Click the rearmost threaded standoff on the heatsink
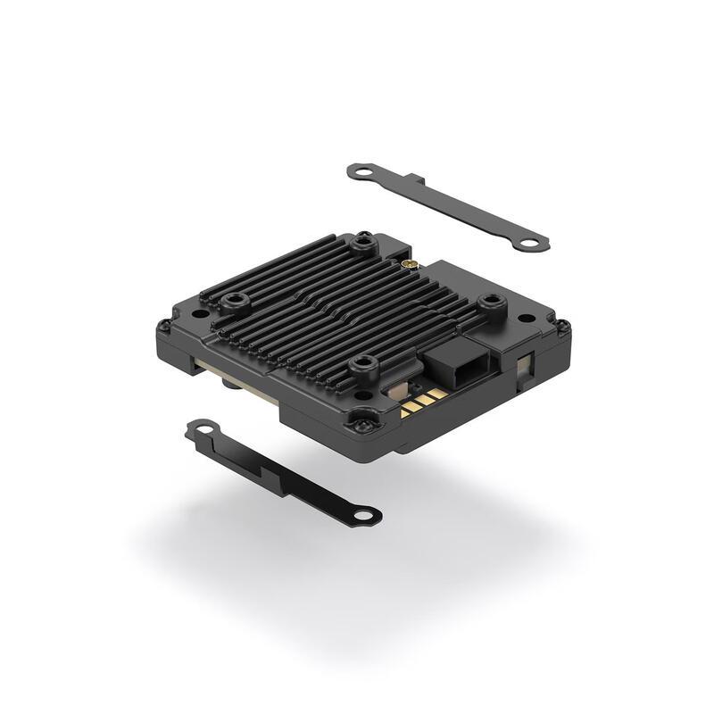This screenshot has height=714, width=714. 362,241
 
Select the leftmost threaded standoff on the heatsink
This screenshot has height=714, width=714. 235,301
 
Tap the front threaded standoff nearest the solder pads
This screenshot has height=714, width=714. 363,363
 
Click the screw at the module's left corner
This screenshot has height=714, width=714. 163,326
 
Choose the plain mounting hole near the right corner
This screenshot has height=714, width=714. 527,317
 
